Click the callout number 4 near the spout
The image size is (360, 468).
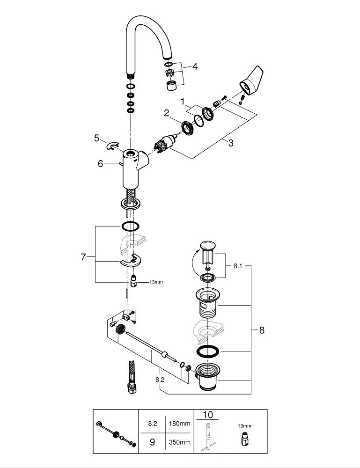(x=194, y=66)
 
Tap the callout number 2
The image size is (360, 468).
(x=166, y=113)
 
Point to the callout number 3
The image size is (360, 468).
(x=230, y=143)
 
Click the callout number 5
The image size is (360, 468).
(x=96, y=138)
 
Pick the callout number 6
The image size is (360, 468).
(x=100, y=163)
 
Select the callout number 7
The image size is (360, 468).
(x=84, y=257)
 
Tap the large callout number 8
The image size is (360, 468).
(x=262, y=330)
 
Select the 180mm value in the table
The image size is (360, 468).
(x=181, y=424)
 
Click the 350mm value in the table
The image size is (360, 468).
(x=181, y=442)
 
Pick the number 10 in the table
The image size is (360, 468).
(x=207, y=415)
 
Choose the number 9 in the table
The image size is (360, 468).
(x=152, y=442)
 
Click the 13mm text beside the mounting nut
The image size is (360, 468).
(x=156, y=282)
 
